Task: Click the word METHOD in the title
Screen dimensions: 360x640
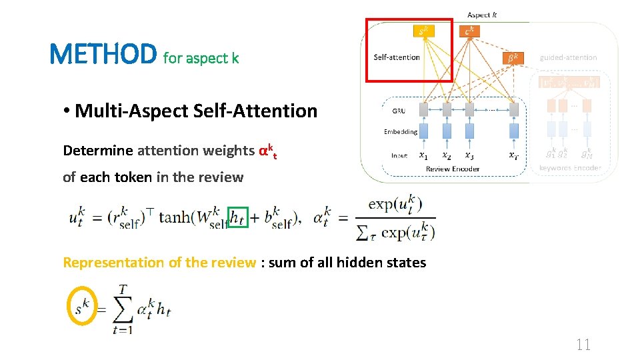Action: coord(103,54)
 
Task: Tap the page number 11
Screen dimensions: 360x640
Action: coord(583,344)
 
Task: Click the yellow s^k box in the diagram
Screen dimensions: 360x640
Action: coord(422,31)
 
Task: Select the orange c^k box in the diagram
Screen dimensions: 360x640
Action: coord(469,31)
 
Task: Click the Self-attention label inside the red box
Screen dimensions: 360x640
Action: coord(397,57)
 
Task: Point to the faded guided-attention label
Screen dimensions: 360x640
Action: coord(568,57)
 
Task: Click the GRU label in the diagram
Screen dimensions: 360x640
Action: coord(399,111)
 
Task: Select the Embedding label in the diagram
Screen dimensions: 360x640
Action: coord(401,131)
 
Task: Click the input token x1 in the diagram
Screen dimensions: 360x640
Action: coord(423,155)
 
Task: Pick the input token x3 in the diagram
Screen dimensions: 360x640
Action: coord(469,155)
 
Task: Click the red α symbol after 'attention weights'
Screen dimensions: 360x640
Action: coord(263,151)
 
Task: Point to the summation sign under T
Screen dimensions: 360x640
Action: coord(123,311)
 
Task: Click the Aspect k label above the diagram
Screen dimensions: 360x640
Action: coord(481,15)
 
